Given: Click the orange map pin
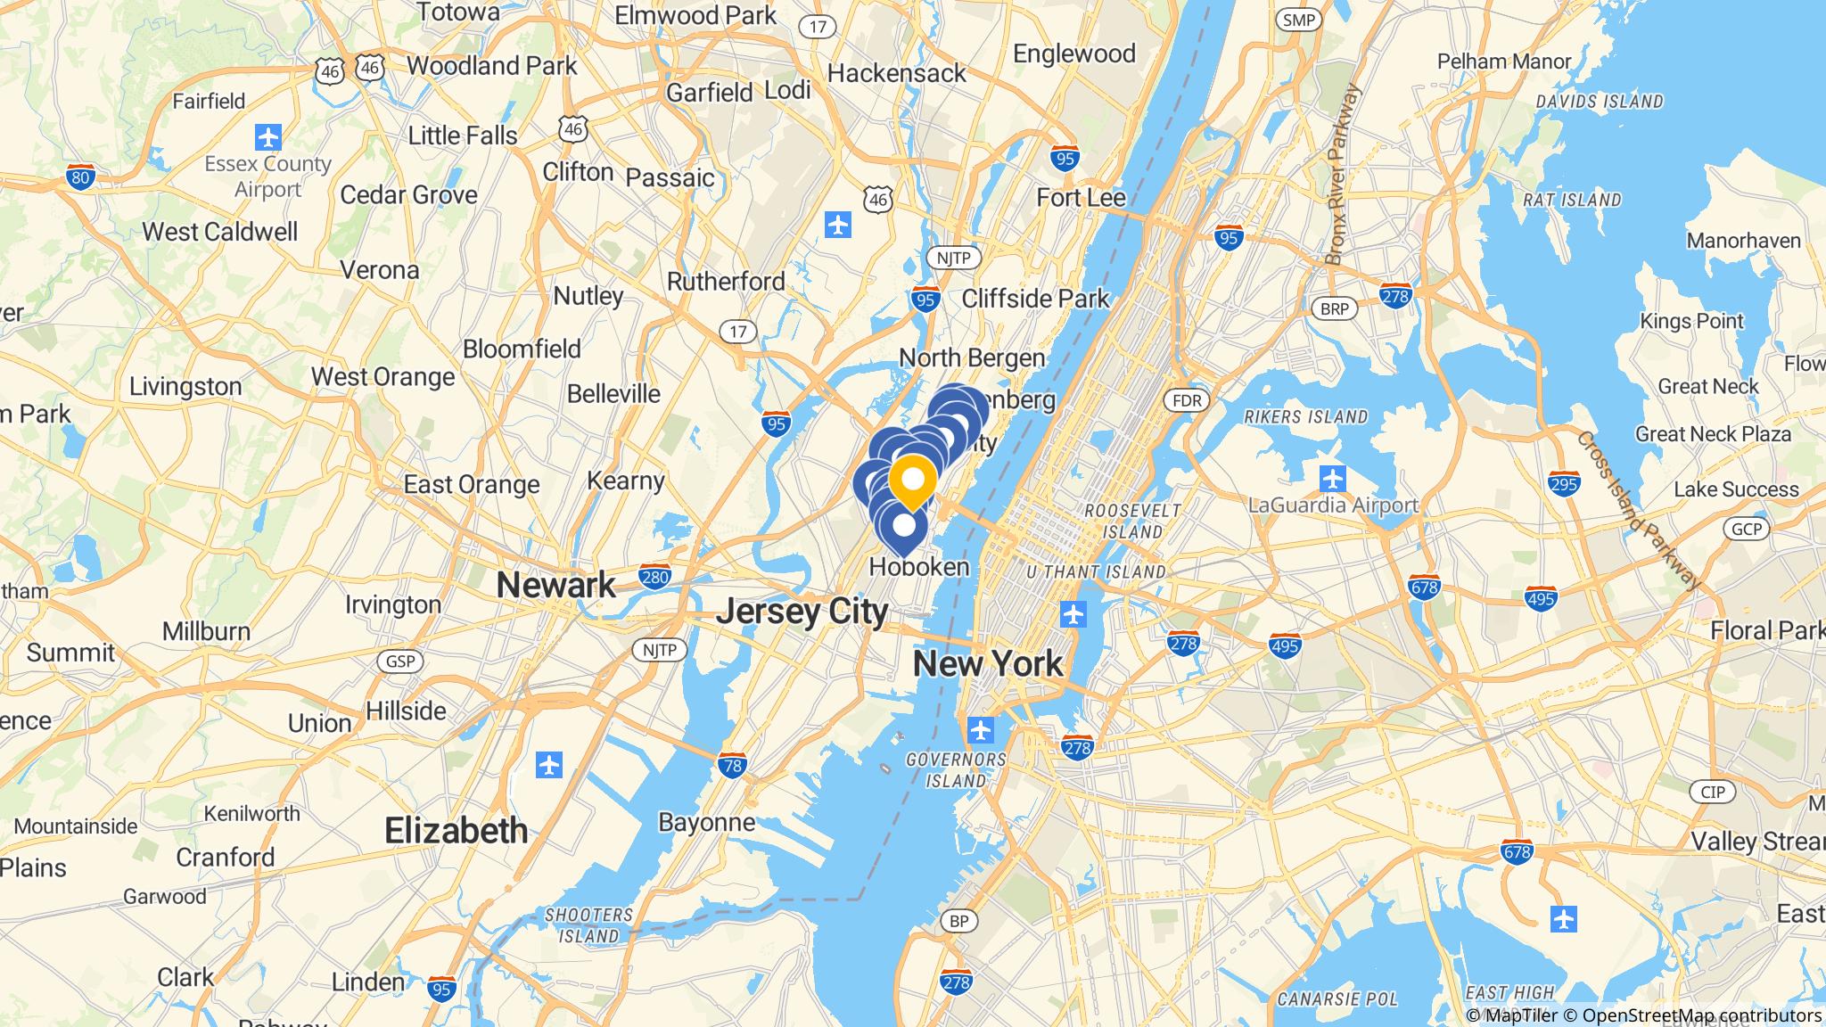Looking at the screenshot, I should [x=912, y=481].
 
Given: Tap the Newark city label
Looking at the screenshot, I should [x=555, y=586].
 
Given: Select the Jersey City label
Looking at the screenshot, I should [x=802, y=612].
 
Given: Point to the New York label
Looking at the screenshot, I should [x=988, y=664].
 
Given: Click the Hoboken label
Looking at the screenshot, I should [x=918, y=567].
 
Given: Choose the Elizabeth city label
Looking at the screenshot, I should [x=456, y=831].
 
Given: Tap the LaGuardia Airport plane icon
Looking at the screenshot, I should [x=1333, y=479].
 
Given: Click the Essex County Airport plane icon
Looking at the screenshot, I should [x=268, y=137].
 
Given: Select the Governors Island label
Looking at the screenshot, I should [x=956, y=770].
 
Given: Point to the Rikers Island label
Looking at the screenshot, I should [x=1305, y=416].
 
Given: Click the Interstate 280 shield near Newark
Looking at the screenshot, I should [x=654, y=577].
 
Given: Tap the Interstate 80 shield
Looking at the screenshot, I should [x=80, y=177].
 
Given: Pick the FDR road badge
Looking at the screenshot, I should [x=1187, y=401].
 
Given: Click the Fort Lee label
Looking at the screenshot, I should [x=1081, y=198].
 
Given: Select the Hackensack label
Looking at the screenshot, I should [x=896, y=73].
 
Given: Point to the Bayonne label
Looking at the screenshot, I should [x=706, y=822].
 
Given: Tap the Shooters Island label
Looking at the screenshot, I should [x=588, y=925].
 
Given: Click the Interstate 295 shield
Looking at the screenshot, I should [x=1565, y=484].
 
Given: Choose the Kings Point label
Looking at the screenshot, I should [x=1691, y=321].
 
